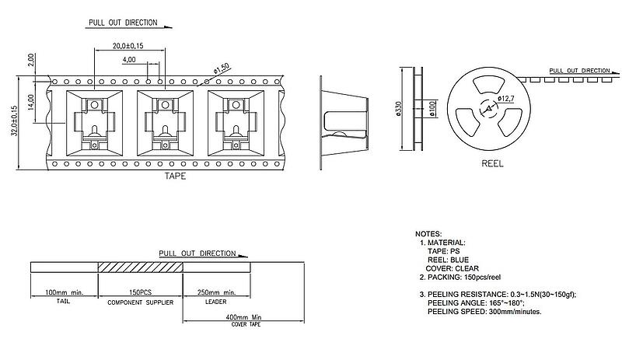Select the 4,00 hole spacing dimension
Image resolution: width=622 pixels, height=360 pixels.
pyautogui.click(x=129, y=60)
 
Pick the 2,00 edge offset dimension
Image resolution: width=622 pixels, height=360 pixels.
pyautogui.click(x=31, y=59)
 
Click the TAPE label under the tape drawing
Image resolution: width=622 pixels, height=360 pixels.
pyautogui.click(x=175, y=177)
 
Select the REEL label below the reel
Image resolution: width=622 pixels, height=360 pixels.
pyautogui.click(x=493, y=165)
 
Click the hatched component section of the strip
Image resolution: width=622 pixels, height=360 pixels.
pyautogui.click(x=140, y=267)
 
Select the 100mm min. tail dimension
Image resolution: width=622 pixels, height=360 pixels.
pyautogui.click(x=64, y=293)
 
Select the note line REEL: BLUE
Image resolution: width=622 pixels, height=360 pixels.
pyautogui.click(x=449, y=260)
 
